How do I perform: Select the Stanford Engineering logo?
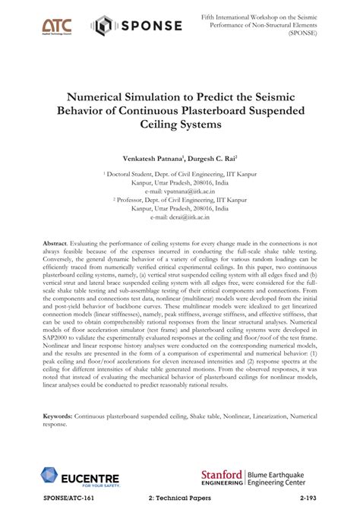(221, 478)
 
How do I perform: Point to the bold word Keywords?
(58, 417)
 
